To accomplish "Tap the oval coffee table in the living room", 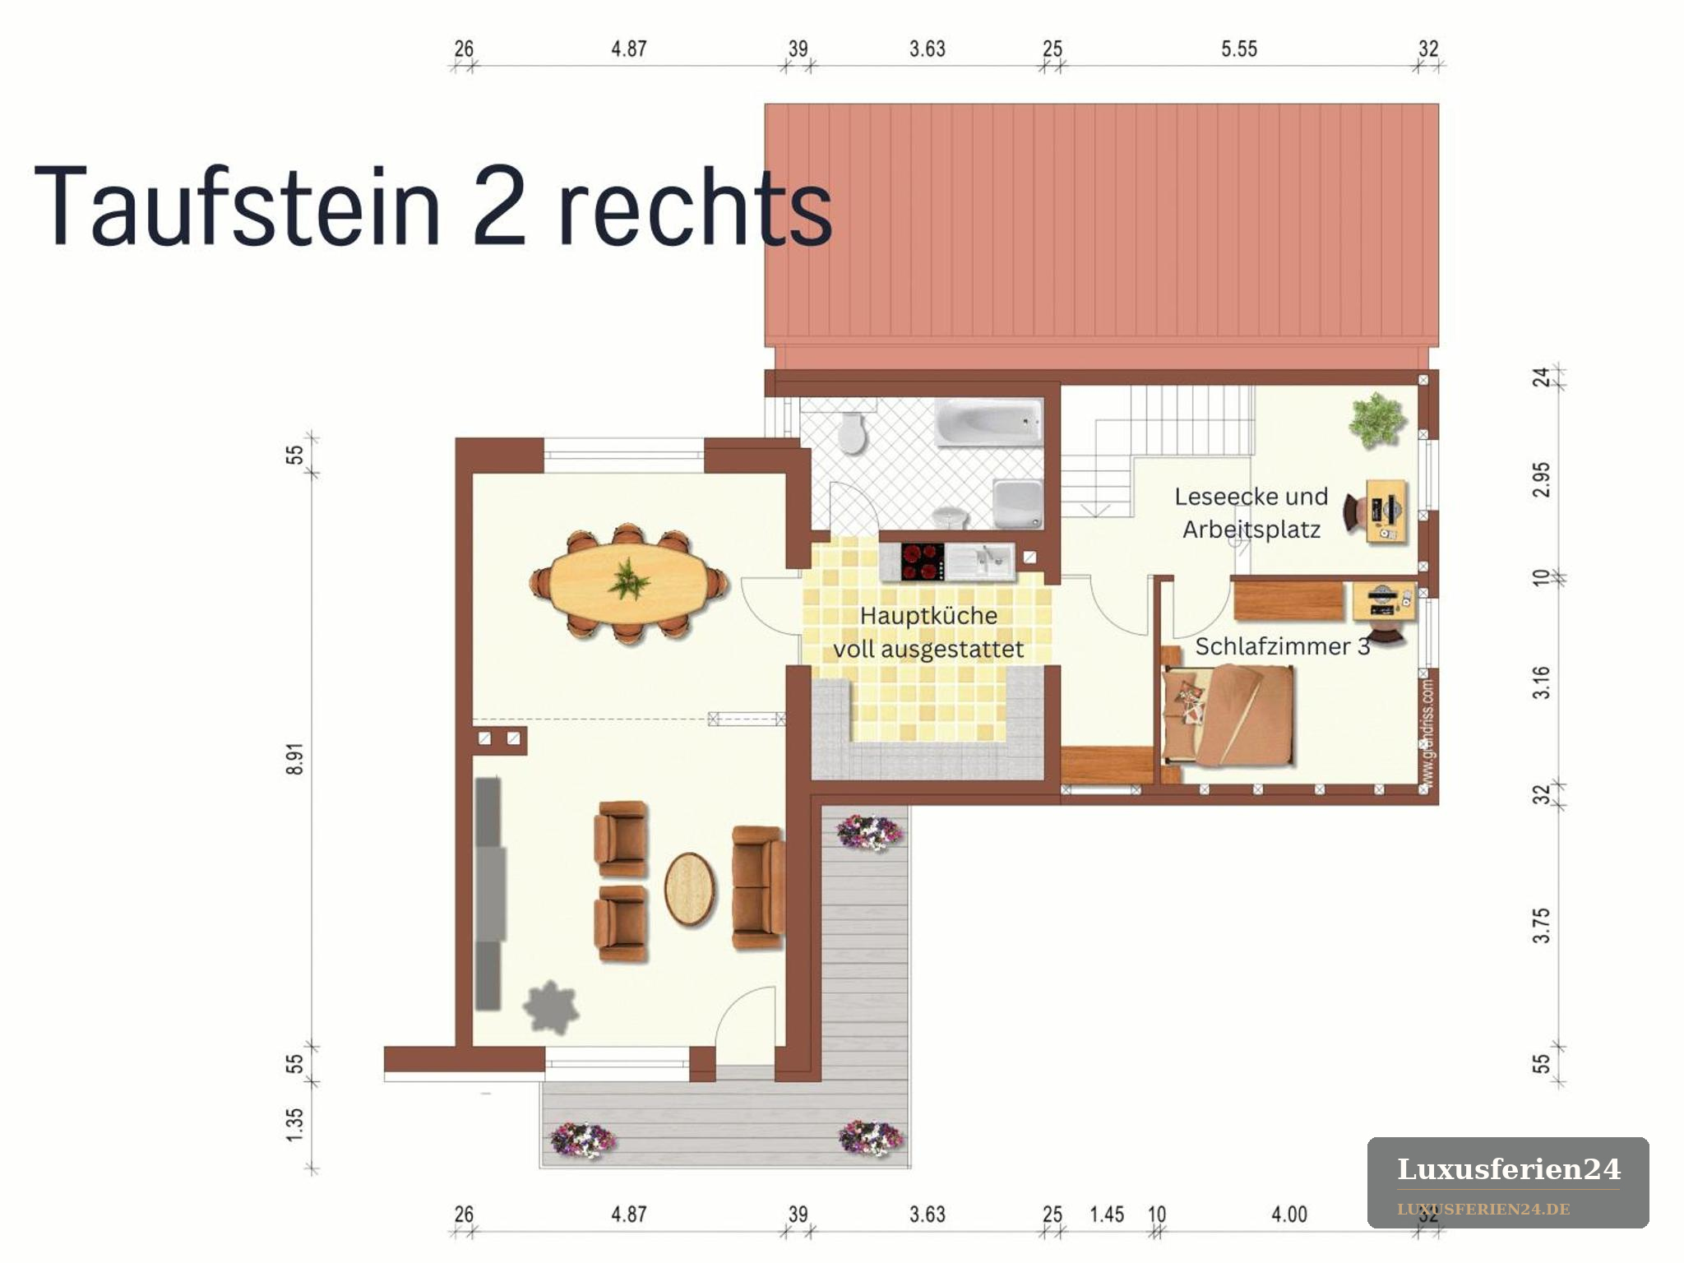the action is click(x=689, y=889).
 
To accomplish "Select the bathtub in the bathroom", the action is click(x=988, y=422).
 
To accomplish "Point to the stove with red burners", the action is click(x=922, y=562).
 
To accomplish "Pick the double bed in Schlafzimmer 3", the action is click(x=1228, y=715).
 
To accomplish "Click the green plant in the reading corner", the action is click(x=1376, y=420).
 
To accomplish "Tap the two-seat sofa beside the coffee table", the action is click(x=757, y=887).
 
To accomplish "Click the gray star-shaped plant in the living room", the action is click(x=551, y=1006).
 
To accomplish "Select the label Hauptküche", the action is click(x=928, y=615).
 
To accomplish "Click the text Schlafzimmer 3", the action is click(x=1282, y=646).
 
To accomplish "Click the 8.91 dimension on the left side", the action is click(x=295, y=759).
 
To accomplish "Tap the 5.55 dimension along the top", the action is click(x=1239, y=49).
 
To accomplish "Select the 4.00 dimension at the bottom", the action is click(x=1288, y=1214).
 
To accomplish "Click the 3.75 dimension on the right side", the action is click(x=1542, y=925).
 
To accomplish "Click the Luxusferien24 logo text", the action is click(x=1509, y=1169).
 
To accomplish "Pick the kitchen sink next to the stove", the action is click(x=991, y=562).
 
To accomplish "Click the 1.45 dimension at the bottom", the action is click(x=1107, y=1214).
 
